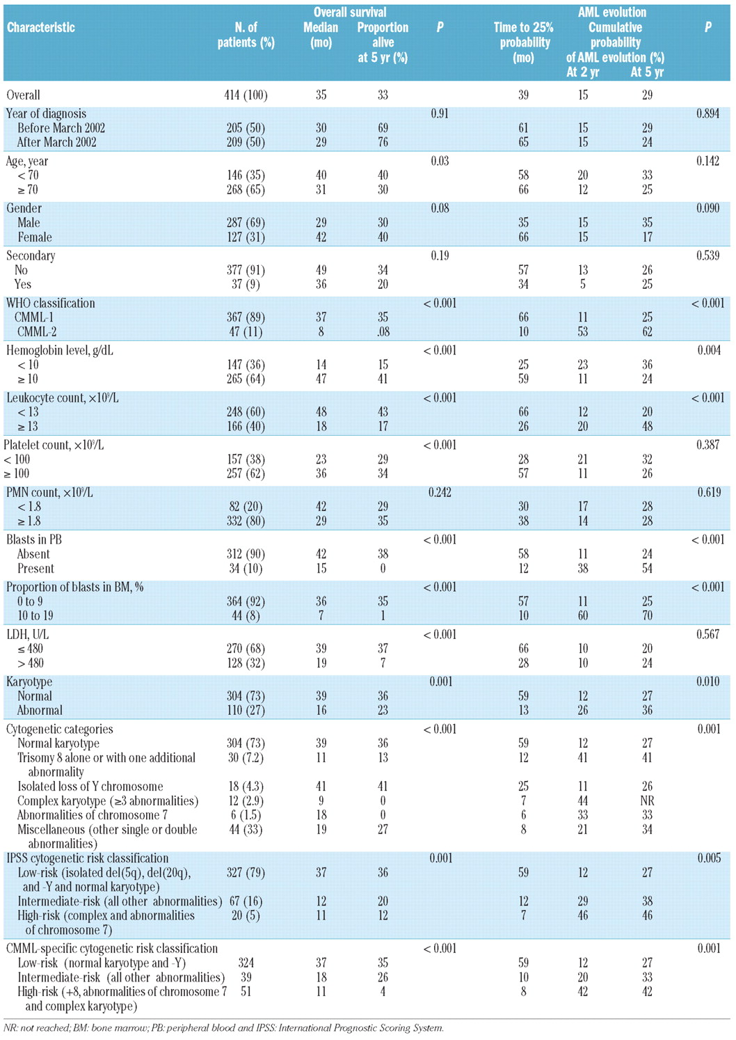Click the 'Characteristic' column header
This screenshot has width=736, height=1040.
click(x=41, y=28)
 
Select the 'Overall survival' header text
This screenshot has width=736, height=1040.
click(x=350, y=12)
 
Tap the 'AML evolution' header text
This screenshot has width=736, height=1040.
click(x=612, y=12)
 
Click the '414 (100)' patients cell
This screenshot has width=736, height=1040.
click(x=246, y=95)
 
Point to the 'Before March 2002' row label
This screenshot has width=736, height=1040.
click(x=57, y=128)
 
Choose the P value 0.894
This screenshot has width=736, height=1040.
click(x=707, y=113)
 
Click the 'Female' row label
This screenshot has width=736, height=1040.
click(x=35, y=237)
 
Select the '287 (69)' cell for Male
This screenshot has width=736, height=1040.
click(x=246, y=223)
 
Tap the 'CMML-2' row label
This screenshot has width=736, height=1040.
click(x=37, y=331)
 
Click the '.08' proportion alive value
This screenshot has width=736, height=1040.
click(x=383, y=331)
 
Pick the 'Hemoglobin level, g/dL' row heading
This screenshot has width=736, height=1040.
click(x=60, y=350)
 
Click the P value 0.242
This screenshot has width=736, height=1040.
click(x=440, y=492)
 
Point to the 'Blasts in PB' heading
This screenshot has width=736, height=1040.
click(x=34, y=539)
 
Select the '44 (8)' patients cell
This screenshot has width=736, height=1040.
click(x=246, y=615)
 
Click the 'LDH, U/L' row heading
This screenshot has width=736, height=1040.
click(x=28, y=634)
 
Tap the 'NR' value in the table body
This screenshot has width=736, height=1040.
click(x=647, y=801)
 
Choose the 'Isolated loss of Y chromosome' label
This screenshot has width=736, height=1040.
click(x=90, y=787)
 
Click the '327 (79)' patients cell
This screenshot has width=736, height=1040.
click(x=246, y=872)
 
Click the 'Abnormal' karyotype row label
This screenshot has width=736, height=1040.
click(x=40, y=710)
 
